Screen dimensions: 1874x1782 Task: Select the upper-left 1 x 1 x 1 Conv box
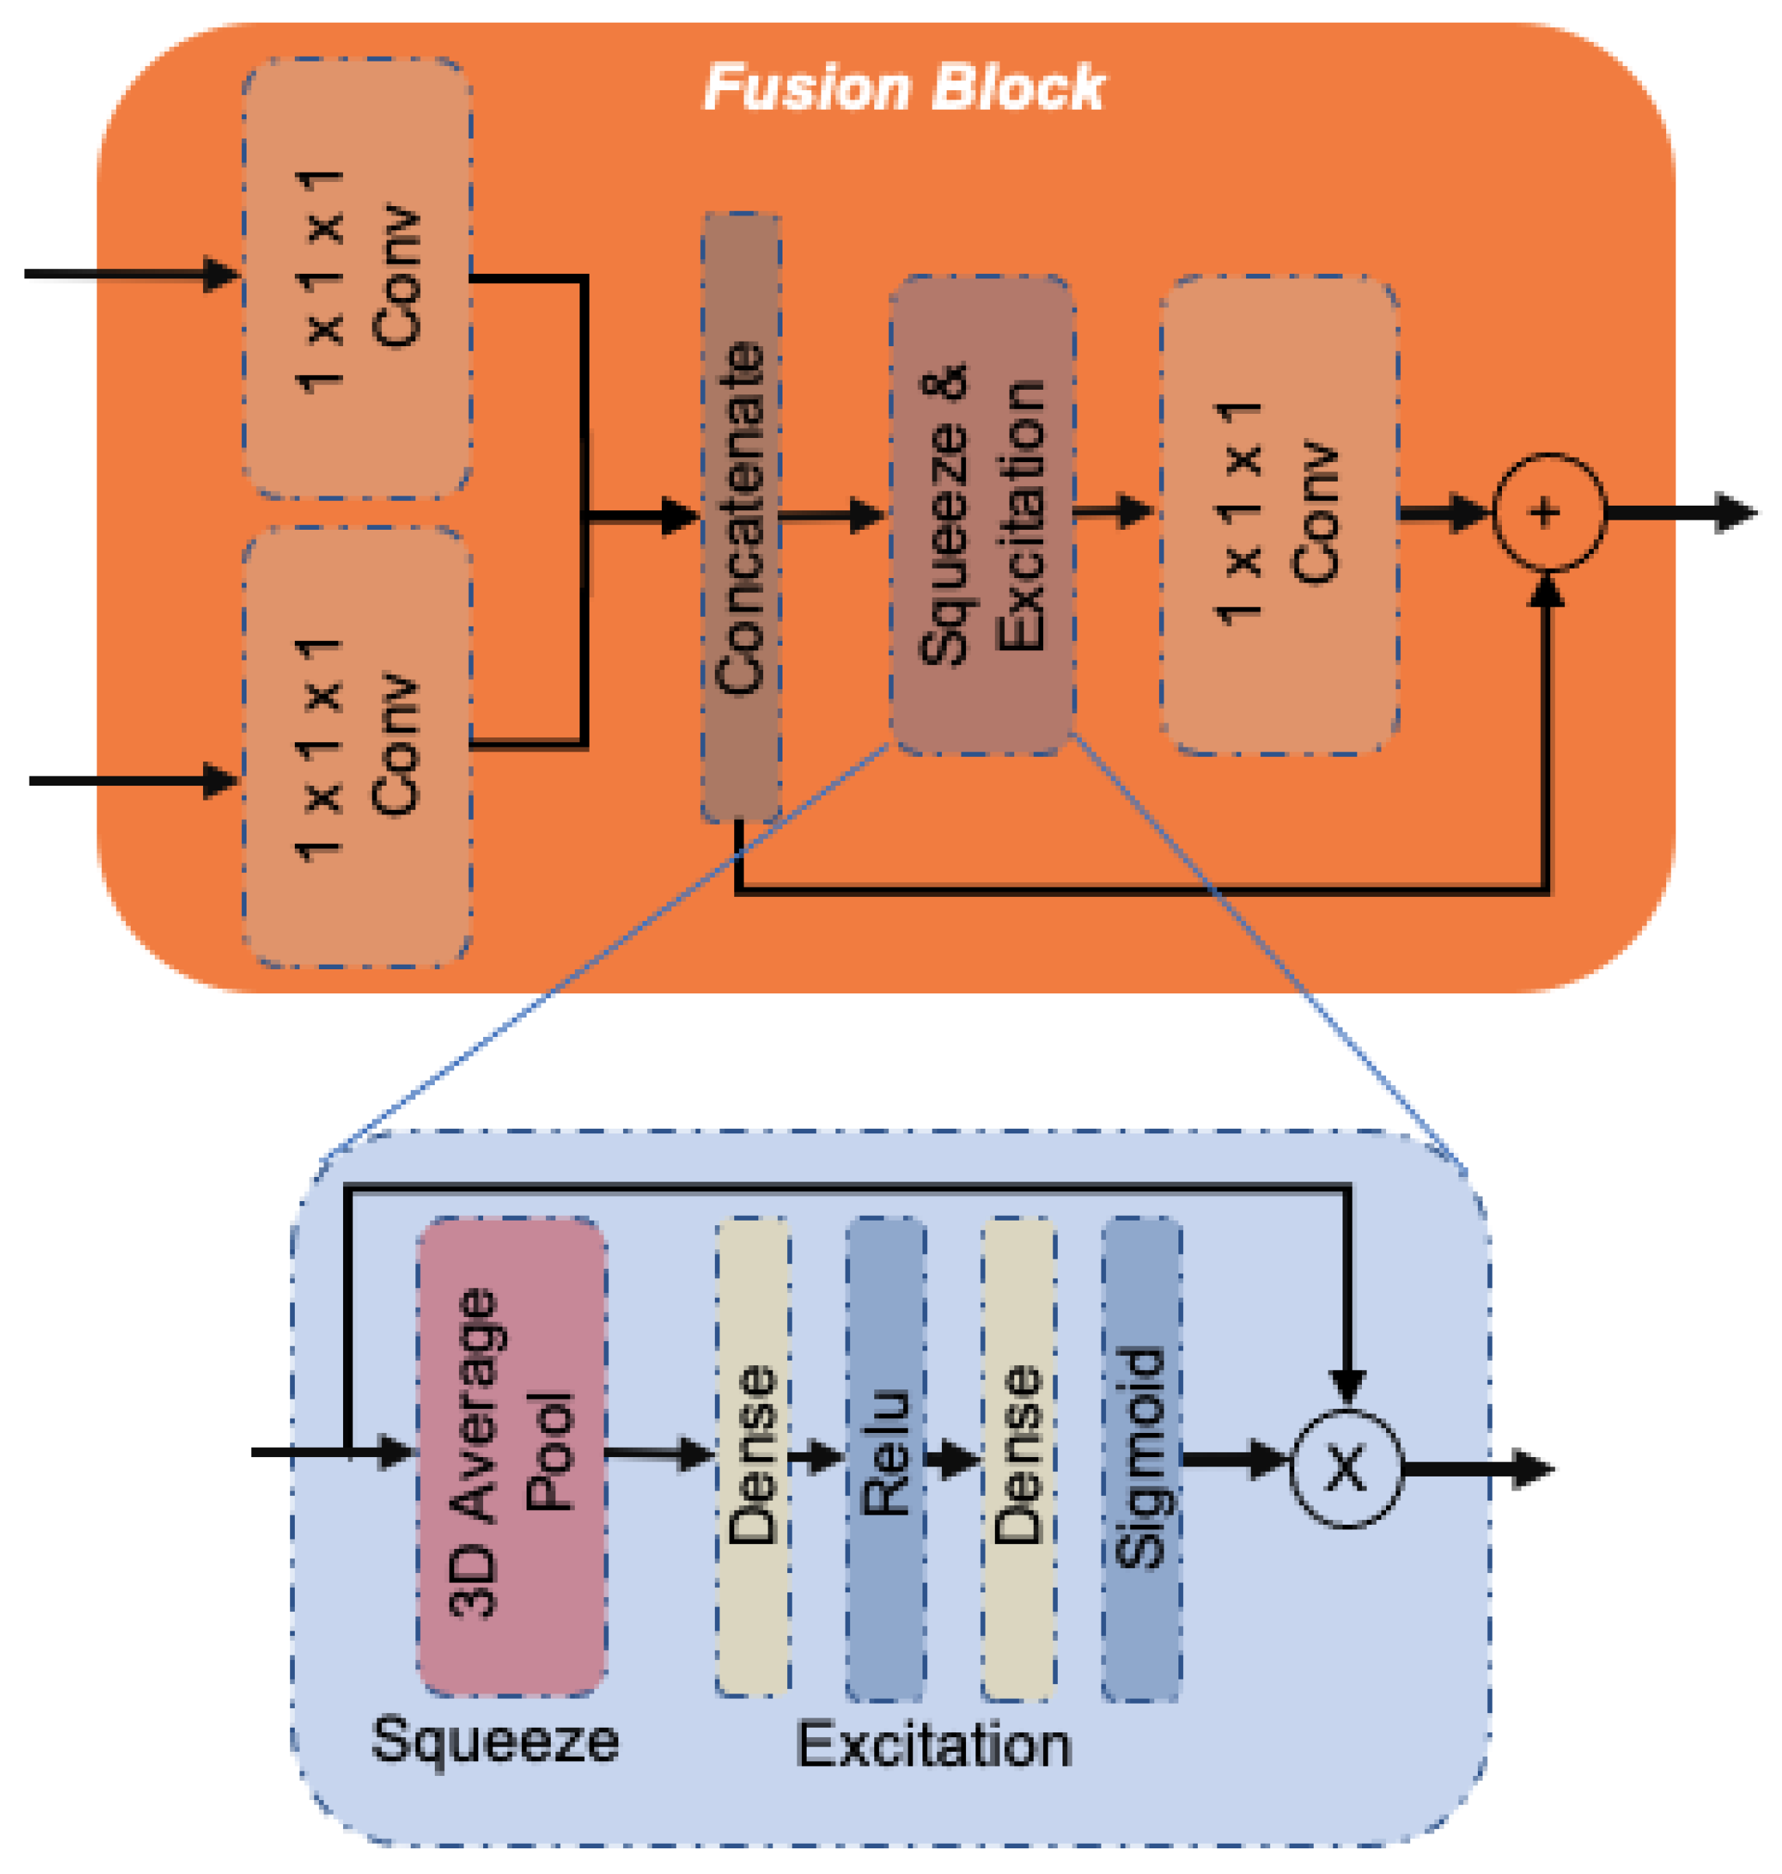(x=357, y=278)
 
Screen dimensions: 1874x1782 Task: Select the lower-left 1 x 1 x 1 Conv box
(x=357, y=747)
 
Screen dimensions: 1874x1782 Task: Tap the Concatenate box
(x=741, y=517)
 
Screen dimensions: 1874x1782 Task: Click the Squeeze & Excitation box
(x=982, y=516)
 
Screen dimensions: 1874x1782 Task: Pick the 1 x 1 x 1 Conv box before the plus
(x=1279, y=516)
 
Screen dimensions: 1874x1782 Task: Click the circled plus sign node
(x=1549, y=513)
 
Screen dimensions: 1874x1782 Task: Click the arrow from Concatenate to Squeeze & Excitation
(x=832, y=516)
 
